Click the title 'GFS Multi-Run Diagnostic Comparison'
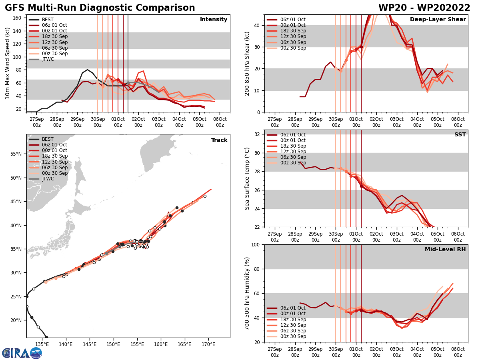(100, 8)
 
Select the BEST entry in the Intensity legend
(47, 20)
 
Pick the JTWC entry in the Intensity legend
(48, 59)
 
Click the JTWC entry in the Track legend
(48, 179)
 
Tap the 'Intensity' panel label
(214, 20)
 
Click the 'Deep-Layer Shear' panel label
(438, 20)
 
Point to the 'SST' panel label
(460, 135)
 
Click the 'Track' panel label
(219, 140)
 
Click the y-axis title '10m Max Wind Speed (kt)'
(7, 63)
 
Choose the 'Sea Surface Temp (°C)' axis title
(247, 178)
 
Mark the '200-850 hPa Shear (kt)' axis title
(247, 63)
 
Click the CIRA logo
(22, 353)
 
